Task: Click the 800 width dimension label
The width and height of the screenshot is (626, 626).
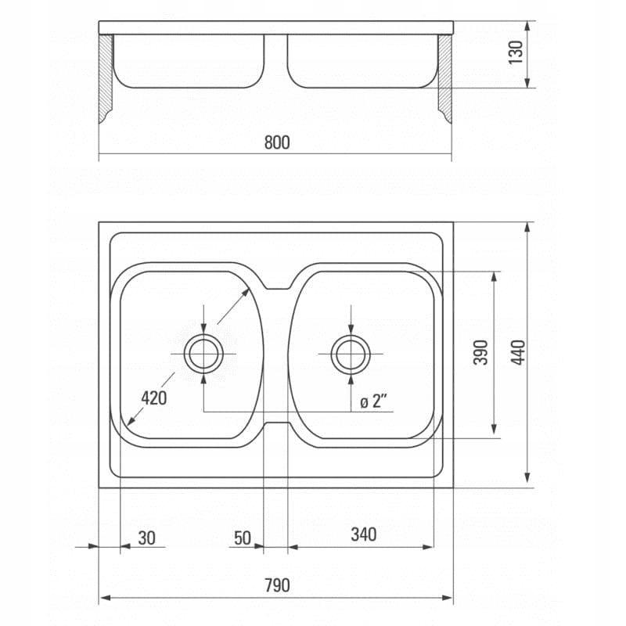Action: click(277, 142)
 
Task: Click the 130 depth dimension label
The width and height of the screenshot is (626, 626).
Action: click(516, 52)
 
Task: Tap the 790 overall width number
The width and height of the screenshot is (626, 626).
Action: click(277, 585)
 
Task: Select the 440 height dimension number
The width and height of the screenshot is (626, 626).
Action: click(518, 353)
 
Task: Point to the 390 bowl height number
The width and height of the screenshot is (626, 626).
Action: click(480, 353)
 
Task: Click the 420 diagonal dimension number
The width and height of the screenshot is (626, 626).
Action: click(153, 398)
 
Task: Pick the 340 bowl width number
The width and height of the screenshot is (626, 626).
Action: click(364, 534)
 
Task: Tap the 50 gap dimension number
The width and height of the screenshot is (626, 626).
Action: click(243, 538)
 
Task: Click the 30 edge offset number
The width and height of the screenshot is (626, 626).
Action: click(146, 538)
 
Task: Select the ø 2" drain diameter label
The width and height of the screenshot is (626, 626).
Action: click(374, 401)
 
